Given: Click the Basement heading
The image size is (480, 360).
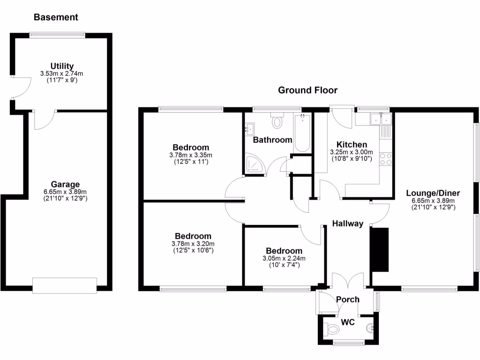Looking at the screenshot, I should (56, 17).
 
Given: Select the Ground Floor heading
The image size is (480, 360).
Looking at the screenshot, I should (307, 90).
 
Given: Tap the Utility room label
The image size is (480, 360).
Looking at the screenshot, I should (62, 66).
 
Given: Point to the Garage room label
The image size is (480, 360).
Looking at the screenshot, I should (65, 184).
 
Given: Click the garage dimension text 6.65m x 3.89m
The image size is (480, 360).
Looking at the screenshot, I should (65, 192).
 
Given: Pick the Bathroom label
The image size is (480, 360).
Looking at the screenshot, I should (272, 140).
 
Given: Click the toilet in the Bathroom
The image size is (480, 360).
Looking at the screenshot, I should (277, 121).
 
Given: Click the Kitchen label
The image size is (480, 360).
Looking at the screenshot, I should (352, 144).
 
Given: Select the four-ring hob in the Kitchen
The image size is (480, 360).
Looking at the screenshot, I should (385, 159).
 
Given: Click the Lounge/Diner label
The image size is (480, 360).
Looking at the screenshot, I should (433, 193).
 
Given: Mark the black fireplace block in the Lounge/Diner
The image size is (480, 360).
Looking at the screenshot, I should (380, 249).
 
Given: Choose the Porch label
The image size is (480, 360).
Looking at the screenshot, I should (348, 300).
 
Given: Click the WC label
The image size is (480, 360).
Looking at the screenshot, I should (348, 322).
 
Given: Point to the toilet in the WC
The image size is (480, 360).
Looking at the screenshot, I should (333, 330).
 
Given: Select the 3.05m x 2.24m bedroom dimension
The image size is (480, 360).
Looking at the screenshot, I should (284, 258).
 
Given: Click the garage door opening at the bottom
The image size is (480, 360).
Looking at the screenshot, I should (65, 285).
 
